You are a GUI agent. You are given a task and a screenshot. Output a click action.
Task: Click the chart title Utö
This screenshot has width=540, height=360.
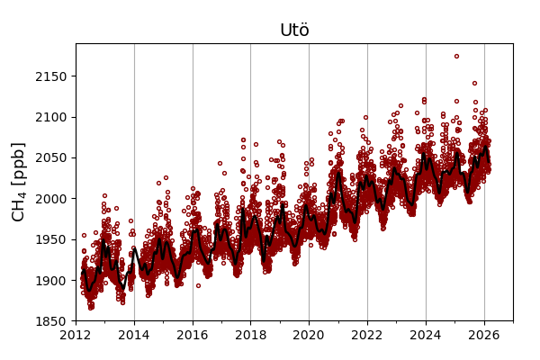pyautogui.click(x=294, y=31)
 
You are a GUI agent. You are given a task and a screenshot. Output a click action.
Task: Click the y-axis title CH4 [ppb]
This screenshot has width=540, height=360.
pyautogui.click(x=18, y=182)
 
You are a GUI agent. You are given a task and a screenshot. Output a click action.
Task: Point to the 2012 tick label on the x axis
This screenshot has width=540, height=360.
pyautogui.click(x=76, y=336)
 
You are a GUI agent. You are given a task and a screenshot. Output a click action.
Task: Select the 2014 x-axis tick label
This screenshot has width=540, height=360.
pyautogui.click(x=134, y=336)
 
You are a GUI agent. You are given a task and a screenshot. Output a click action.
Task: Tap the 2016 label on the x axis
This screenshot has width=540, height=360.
pyautogui.click(x=193, y=336)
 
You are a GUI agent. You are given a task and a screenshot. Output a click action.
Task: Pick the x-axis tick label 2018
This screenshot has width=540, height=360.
pyautogui.click(x=250, y=336)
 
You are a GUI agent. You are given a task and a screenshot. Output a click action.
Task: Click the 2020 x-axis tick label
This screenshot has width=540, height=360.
pyautogui.click(x=309, y=336)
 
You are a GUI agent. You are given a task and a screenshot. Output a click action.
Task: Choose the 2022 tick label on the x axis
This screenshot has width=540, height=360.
pyautogui.click(x=367, y=336)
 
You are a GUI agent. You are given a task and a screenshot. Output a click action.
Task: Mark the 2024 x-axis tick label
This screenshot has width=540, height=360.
pyautogui.click(x=426, y=336)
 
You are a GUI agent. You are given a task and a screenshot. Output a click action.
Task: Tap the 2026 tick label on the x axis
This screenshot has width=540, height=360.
pyautogui.click(x=484, y=336)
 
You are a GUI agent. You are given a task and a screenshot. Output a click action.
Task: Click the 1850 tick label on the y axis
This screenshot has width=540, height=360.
pyautogui.click(x=51, y=321)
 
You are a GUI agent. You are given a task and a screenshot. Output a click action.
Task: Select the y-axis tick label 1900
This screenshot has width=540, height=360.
pyautogui.click(x=51, y=280)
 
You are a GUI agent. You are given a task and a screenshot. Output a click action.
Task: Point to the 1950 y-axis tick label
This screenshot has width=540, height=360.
pyautogui.click(x=51, y=239)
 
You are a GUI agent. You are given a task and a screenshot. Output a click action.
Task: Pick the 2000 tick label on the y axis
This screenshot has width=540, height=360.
pyautogui.click(x=51, y=199)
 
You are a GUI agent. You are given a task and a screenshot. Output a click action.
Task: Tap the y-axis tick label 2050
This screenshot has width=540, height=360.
pyautogui.click(x=51, y=157)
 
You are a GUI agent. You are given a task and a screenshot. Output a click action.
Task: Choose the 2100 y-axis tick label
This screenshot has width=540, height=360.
pyautogui.click(x=51, y=117)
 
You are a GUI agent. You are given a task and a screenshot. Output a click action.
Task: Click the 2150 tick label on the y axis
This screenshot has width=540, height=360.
pyautogui.click(x=51, y=76)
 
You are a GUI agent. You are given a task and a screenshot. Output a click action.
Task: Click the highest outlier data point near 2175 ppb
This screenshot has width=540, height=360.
pyautogui.click(x=456, y=57)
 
